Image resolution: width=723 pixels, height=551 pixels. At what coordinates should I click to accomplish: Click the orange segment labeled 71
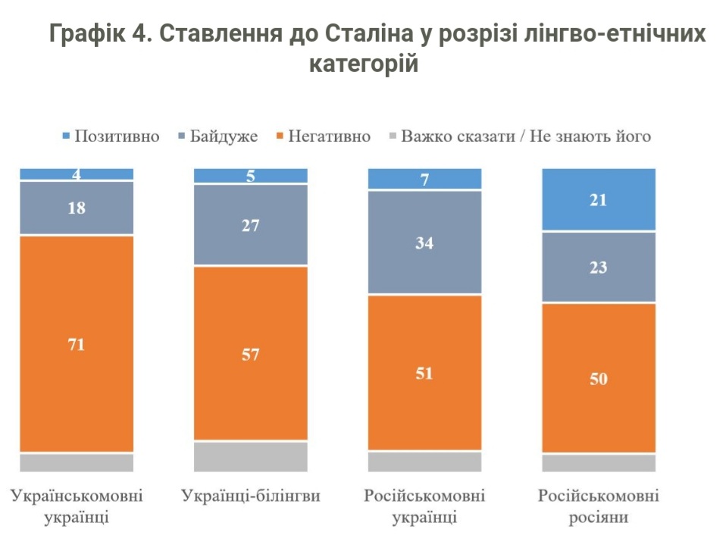(77, 344)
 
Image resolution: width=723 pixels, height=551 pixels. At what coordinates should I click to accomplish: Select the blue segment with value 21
(599, 199)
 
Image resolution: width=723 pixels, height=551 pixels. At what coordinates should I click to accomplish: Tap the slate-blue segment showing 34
(424, 243)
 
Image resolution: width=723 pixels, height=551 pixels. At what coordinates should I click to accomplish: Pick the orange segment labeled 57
(251, 353)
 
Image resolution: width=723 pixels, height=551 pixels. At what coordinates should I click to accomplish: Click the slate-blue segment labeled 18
(77, 208)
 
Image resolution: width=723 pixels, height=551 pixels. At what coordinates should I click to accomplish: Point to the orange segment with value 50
(599, 377)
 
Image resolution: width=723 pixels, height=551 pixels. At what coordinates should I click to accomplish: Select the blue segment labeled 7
(424, 179)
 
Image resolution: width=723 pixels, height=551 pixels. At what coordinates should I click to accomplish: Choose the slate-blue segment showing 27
(251, 225)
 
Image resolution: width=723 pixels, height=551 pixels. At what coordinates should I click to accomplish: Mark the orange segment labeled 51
(424, 372)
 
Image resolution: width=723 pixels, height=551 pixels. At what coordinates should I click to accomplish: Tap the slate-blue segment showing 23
(599, 267)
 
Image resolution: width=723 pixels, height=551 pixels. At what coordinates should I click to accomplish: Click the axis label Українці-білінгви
(251, 496)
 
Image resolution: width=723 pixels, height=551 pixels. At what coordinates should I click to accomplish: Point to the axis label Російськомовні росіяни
(599, 507)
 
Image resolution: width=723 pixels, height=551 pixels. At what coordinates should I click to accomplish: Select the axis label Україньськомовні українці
(77, 507)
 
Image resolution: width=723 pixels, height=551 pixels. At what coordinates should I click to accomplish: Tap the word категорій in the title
(364, 64)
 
